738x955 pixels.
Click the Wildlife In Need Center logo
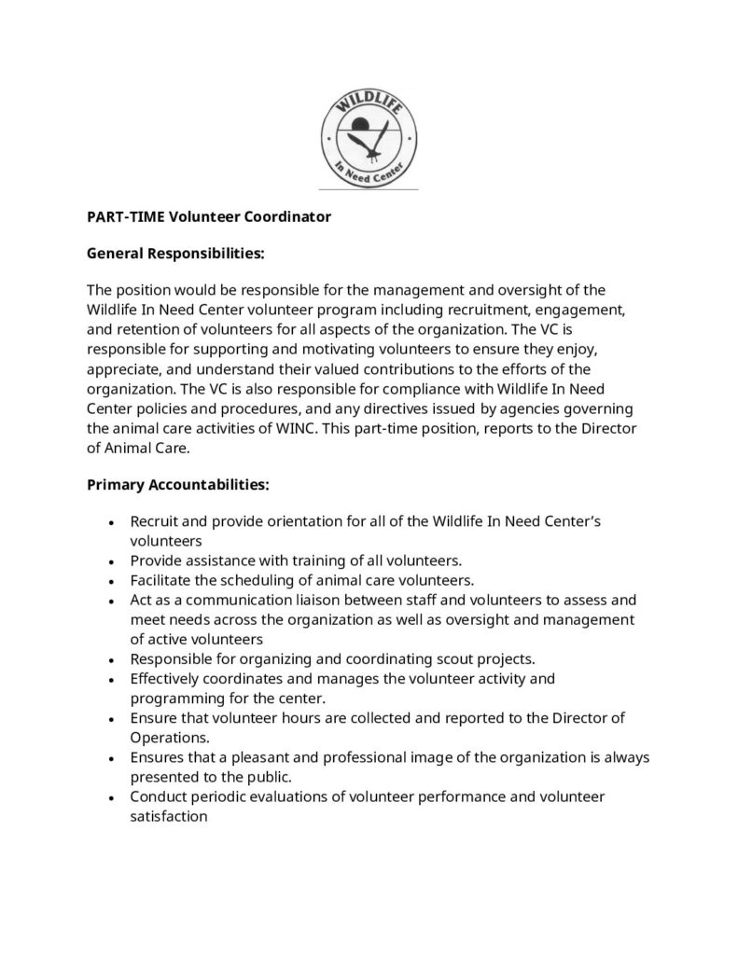pyautogui.click(x=369, y=135)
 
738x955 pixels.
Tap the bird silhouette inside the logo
pyautogui.click(x=367, y=142)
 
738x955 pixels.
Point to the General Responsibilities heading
pyautogui.click(x=175, y=252)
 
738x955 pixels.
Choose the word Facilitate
pyautogui.click(x=162, y=578)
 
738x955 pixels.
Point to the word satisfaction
pyautogui.click(x=168, y=814)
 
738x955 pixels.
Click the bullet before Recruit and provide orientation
pyautogui.click(x=112, y=522)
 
